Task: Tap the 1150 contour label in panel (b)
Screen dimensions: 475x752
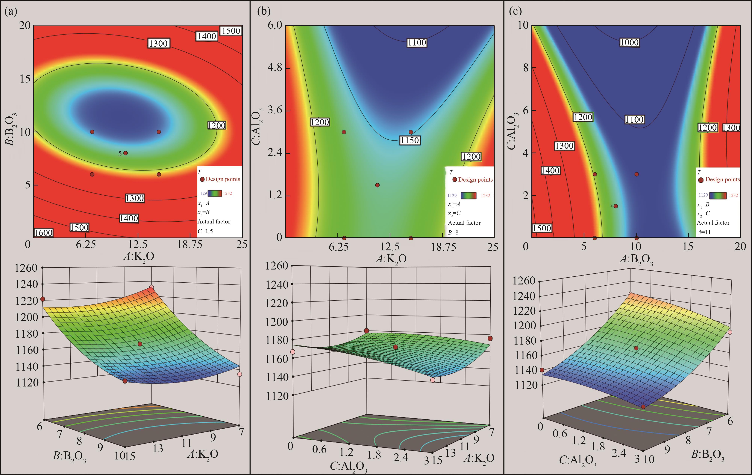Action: (x=409, y=140)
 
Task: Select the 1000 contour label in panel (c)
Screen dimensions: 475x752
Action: (x=629, y=42)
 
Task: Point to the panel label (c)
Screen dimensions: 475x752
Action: (x=515, y=12)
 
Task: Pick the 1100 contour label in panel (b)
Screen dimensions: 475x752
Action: (x=417, y=42)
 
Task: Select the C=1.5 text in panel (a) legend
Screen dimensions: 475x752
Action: (x=205, y=232)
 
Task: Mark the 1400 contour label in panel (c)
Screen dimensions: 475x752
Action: (x=550, y=170)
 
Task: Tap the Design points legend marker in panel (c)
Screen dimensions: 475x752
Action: (x=701, y=180)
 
